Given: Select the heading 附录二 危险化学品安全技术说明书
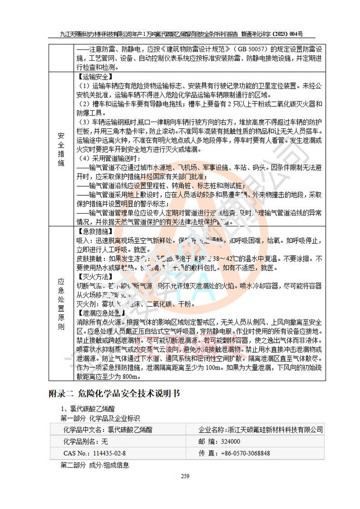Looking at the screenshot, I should point(114,394).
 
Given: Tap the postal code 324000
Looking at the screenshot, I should point(231,441).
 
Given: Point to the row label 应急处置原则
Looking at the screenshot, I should point(61,304).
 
